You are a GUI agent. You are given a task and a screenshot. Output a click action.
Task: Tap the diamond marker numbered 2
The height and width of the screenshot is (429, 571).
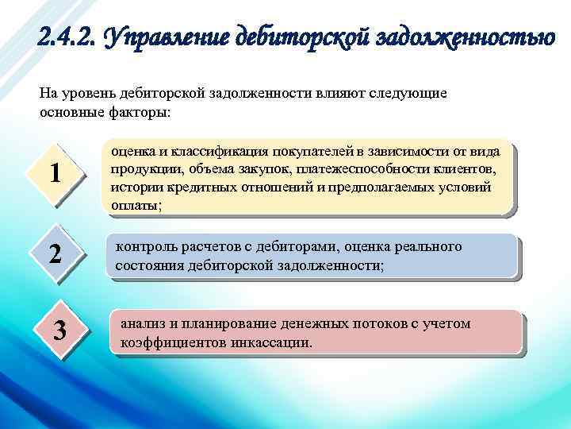click(x=55, y=254)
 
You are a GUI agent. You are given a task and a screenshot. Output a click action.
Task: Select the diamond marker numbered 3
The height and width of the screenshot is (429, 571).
click(x=59, y=330)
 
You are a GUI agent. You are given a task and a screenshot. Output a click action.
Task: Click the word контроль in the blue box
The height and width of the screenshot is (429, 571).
click(x=144, y=247)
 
